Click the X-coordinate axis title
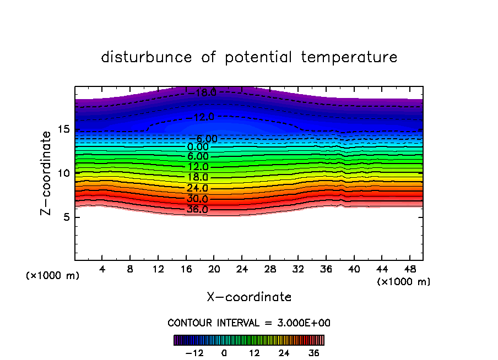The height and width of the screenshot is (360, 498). point(249,297)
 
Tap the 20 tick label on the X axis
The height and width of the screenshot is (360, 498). point(214,269)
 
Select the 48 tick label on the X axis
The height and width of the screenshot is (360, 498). point(409,269)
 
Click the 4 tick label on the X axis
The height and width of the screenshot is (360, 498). point(102,269)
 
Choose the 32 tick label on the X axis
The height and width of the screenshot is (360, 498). point(297,269)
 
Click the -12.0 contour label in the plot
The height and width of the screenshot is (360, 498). point(200,117)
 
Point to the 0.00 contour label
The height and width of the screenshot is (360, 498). point(198,147)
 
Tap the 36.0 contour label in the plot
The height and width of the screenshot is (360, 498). point(197,209)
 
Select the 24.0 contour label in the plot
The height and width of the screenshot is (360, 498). point(197,188)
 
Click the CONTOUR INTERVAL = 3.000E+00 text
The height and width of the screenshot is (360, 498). point(249,323)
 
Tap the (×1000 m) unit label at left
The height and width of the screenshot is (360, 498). point(53,276)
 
